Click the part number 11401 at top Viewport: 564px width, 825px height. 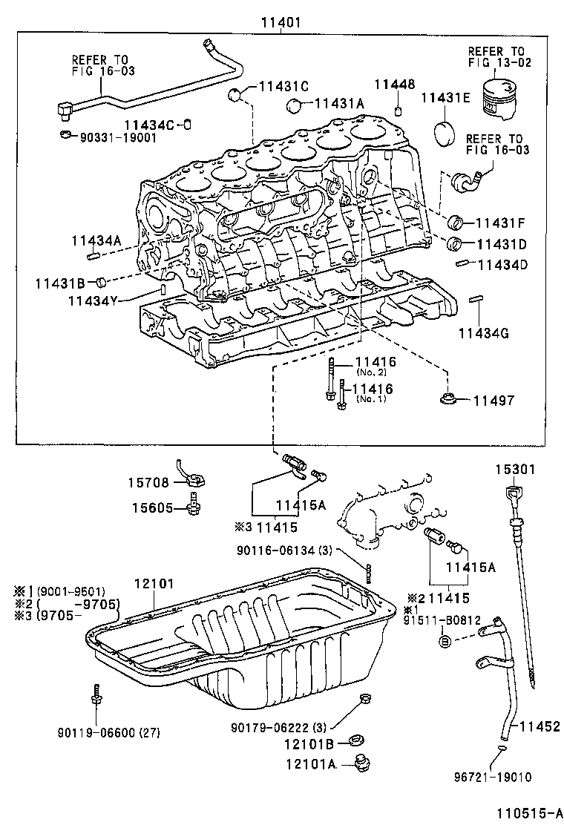[x=280, y=22]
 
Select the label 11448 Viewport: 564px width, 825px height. [x=394, y=85]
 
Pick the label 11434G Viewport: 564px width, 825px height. [x=483, y=333]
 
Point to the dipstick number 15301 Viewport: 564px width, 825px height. [x=517, y=470]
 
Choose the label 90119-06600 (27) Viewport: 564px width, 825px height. [x=109, y=733]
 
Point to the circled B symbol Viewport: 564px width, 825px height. [x=445, y=640]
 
